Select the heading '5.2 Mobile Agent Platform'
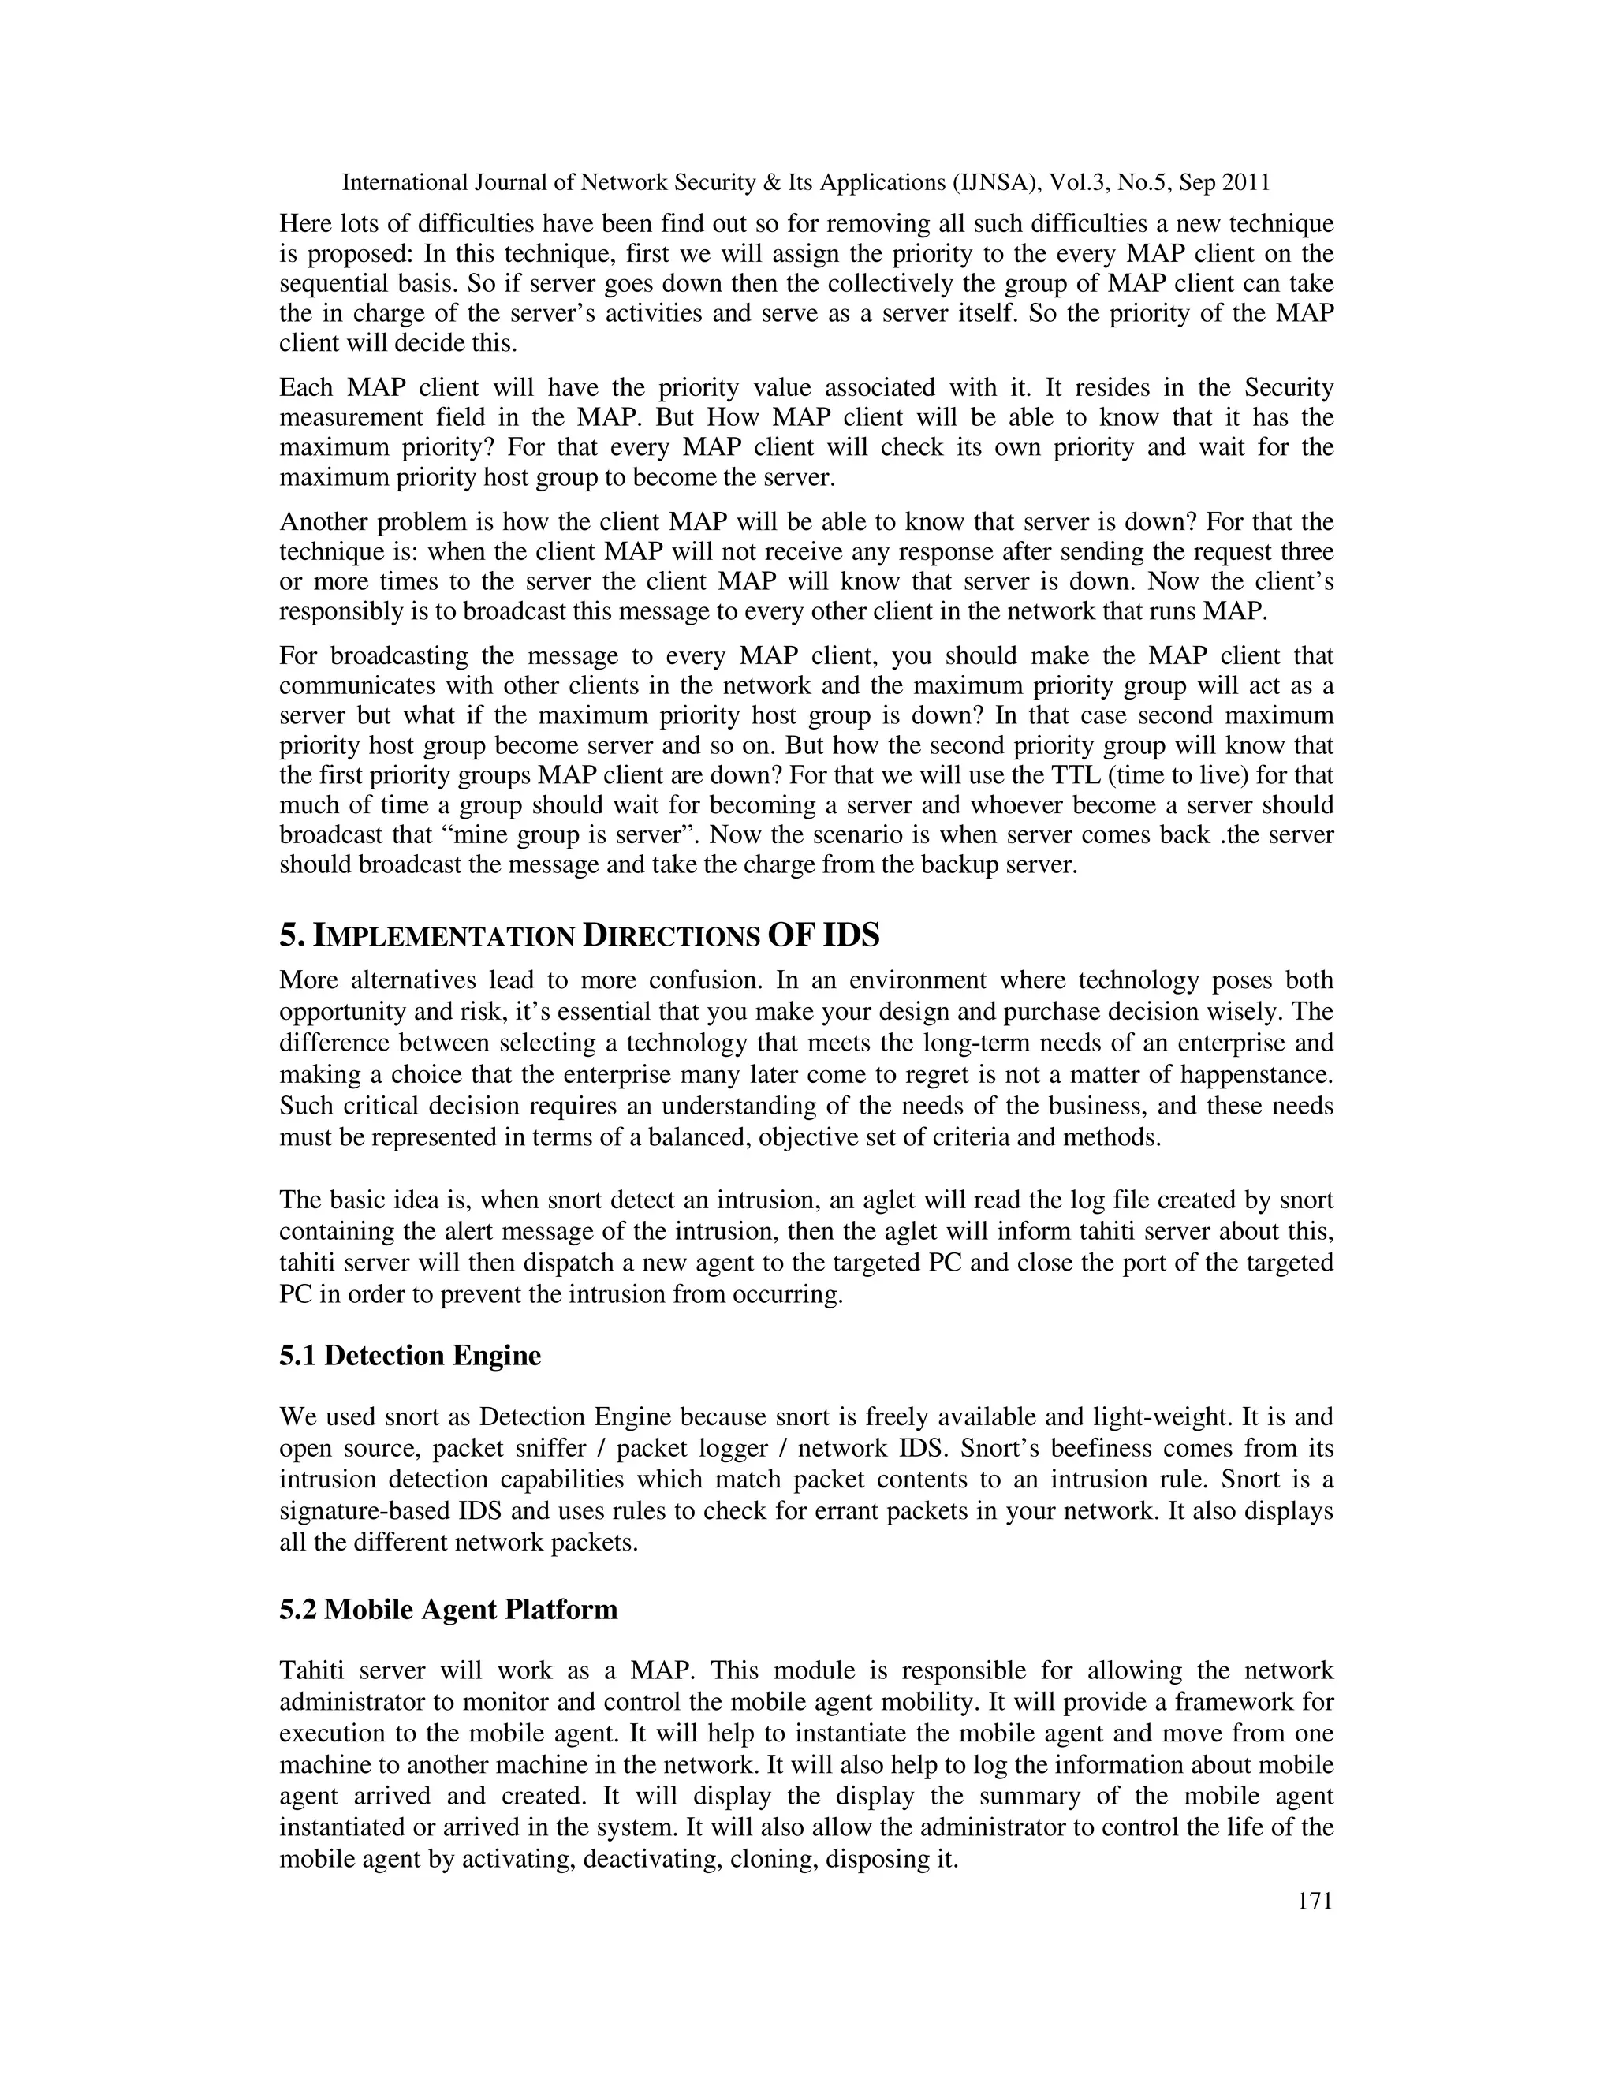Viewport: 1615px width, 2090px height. (x=448, y=1609)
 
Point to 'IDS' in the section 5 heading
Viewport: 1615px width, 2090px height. (x=849, y=934)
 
